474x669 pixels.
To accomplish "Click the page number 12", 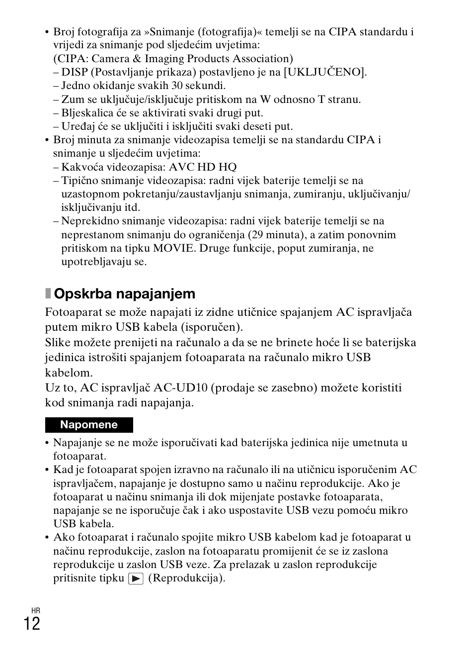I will click(x=32, y=624).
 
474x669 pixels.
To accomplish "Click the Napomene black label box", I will click(x=89, y=425).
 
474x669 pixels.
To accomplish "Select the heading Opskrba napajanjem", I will click(x=124, y=293).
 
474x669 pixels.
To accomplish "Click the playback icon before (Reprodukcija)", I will click(x=136, y=578).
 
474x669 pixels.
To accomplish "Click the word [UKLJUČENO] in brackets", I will click(x=325, y=72).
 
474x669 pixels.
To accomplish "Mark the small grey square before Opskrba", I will click(x=48, y=293).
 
